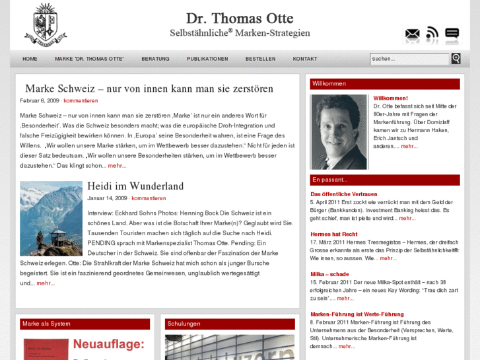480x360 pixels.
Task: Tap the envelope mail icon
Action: click(x=412, y=34)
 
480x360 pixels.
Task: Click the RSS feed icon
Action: click(x=432, y=34)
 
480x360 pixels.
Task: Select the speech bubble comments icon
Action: click(x=452, y=34)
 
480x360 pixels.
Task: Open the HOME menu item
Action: click(x=30, y=59)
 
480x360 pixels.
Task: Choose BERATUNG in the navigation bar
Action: click(x=155, y=59)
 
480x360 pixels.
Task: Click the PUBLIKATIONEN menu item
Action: click(x=207, y=59)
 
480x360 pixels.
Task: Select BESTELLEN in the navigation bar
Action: click(x=260, y=59)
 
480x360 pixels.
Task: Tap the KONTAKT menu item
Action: click(x=305, y=59)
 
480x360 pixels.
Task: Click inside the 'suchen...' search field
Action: click(x=409, y=59)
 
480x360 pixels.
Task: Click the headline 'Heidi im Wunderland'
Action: click(x=135, y=186)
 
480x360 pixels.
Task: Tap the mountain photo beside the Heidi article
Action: click(x=51, y=219)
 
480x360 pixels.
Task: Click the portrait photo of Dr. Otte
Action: click(x=339, y=131)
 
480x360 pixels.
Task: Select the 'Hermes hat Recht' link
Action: click(x=334, y=234)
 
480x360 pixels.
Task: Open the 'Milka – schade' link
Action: click(x=329, y=273)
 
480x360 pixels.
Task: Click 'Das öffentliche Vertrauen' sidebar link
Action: click(x=344, y=194)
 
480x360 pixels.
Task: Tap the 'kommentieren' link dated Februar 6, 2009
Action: click(x=81, y=100)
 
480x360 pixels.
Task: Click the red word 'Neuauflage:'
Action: click(x=108, y=344)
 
